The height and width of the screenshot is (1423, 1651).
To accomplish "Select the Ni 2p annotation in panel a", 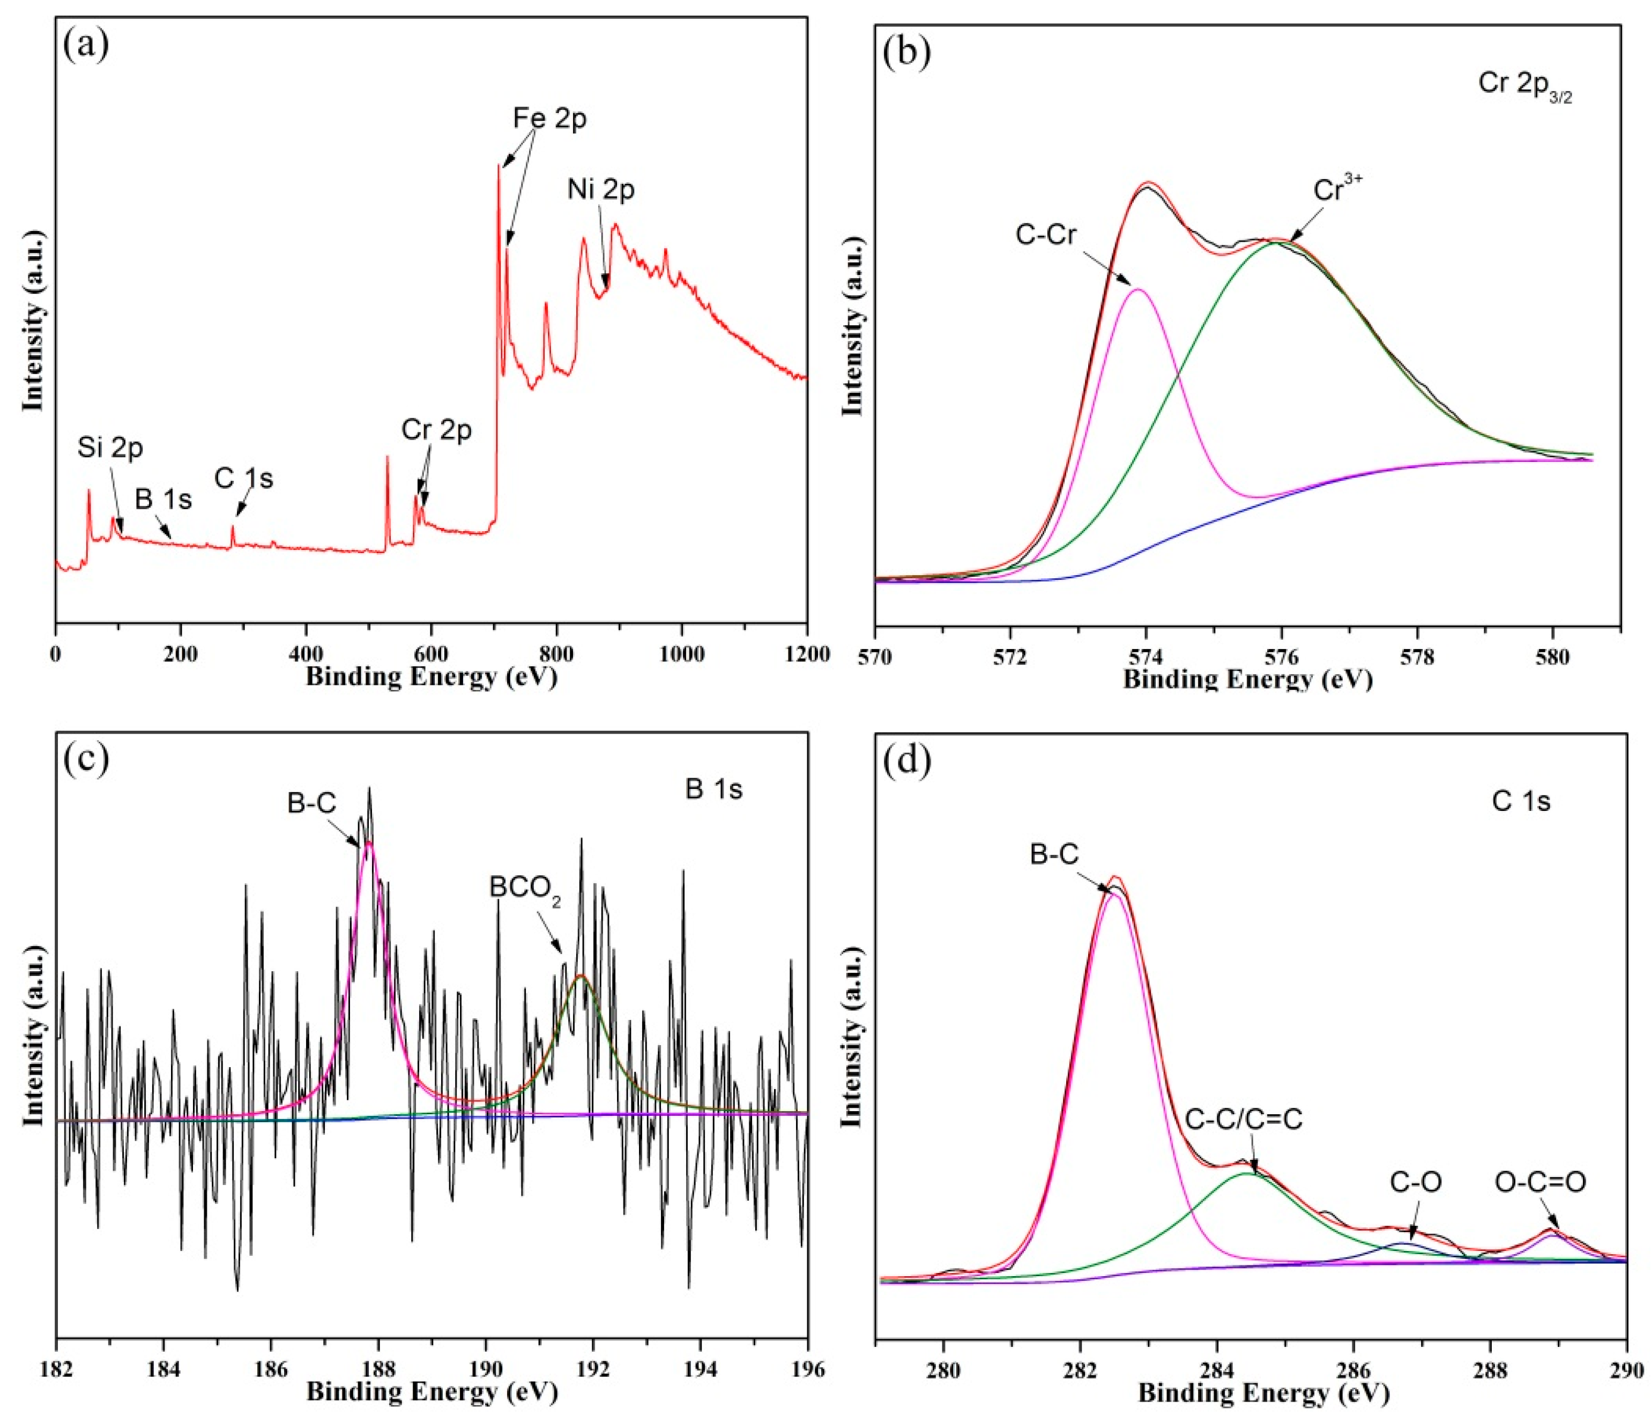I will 601,190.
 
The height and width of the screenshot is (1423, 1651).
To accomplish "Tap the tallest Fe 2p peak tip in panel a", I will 499,166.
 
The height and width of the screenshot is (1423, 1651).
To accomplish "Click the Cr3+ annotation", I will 1338,190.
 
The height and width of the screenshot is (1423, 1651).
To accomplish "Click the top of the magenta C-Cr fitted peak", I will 1138,289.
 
